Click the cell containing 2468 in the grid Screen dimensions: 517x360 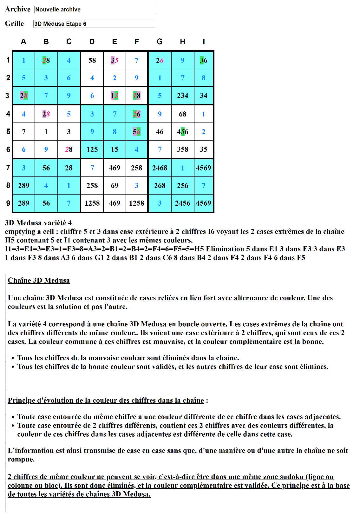click(x=160, y=168)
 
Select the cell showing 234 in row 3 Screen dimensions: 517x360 click(x=182, y=96)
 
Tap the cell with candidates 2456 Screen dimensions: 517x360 click(x=182, y=203)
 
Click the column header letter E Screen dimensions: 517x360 click(x=115, y=42)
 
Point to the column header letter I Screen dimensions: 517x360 click(x=204, y=42)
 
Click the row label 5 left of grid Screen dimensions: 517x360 click(x=8, y=131)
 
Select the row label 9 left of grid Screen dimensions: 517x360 click(x=8, y=203)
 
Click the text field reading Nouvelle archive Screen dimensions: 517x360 click(x=95, y=10)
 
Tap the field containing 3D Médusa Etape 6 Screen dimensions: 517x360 click(x=94, y=24)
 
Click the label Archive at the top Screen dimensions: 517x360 click(x=18, y=9)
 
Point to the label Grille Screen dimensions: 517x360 click(x=15, y=23)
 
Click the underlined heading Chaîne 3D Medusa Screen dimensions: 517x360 click(x=39, y=280)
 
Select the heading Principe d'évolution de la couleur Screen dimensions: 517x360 click(x=106, y=400)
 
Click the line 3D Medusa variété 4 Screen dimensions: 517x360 click(x=38, y=222)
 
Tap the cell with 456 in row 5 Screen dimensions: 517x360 click(x=182, y=132)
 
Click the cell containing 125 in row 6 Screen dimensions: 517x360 click(x=92, y=149)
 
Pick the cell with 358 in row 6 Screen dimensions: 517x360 click(x=182, y=149)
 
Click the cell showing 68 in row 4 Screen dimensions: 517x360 click(x=182, y=114)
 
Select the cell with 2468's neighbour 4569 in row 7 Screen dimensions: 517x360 click(x=204, y=168)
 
